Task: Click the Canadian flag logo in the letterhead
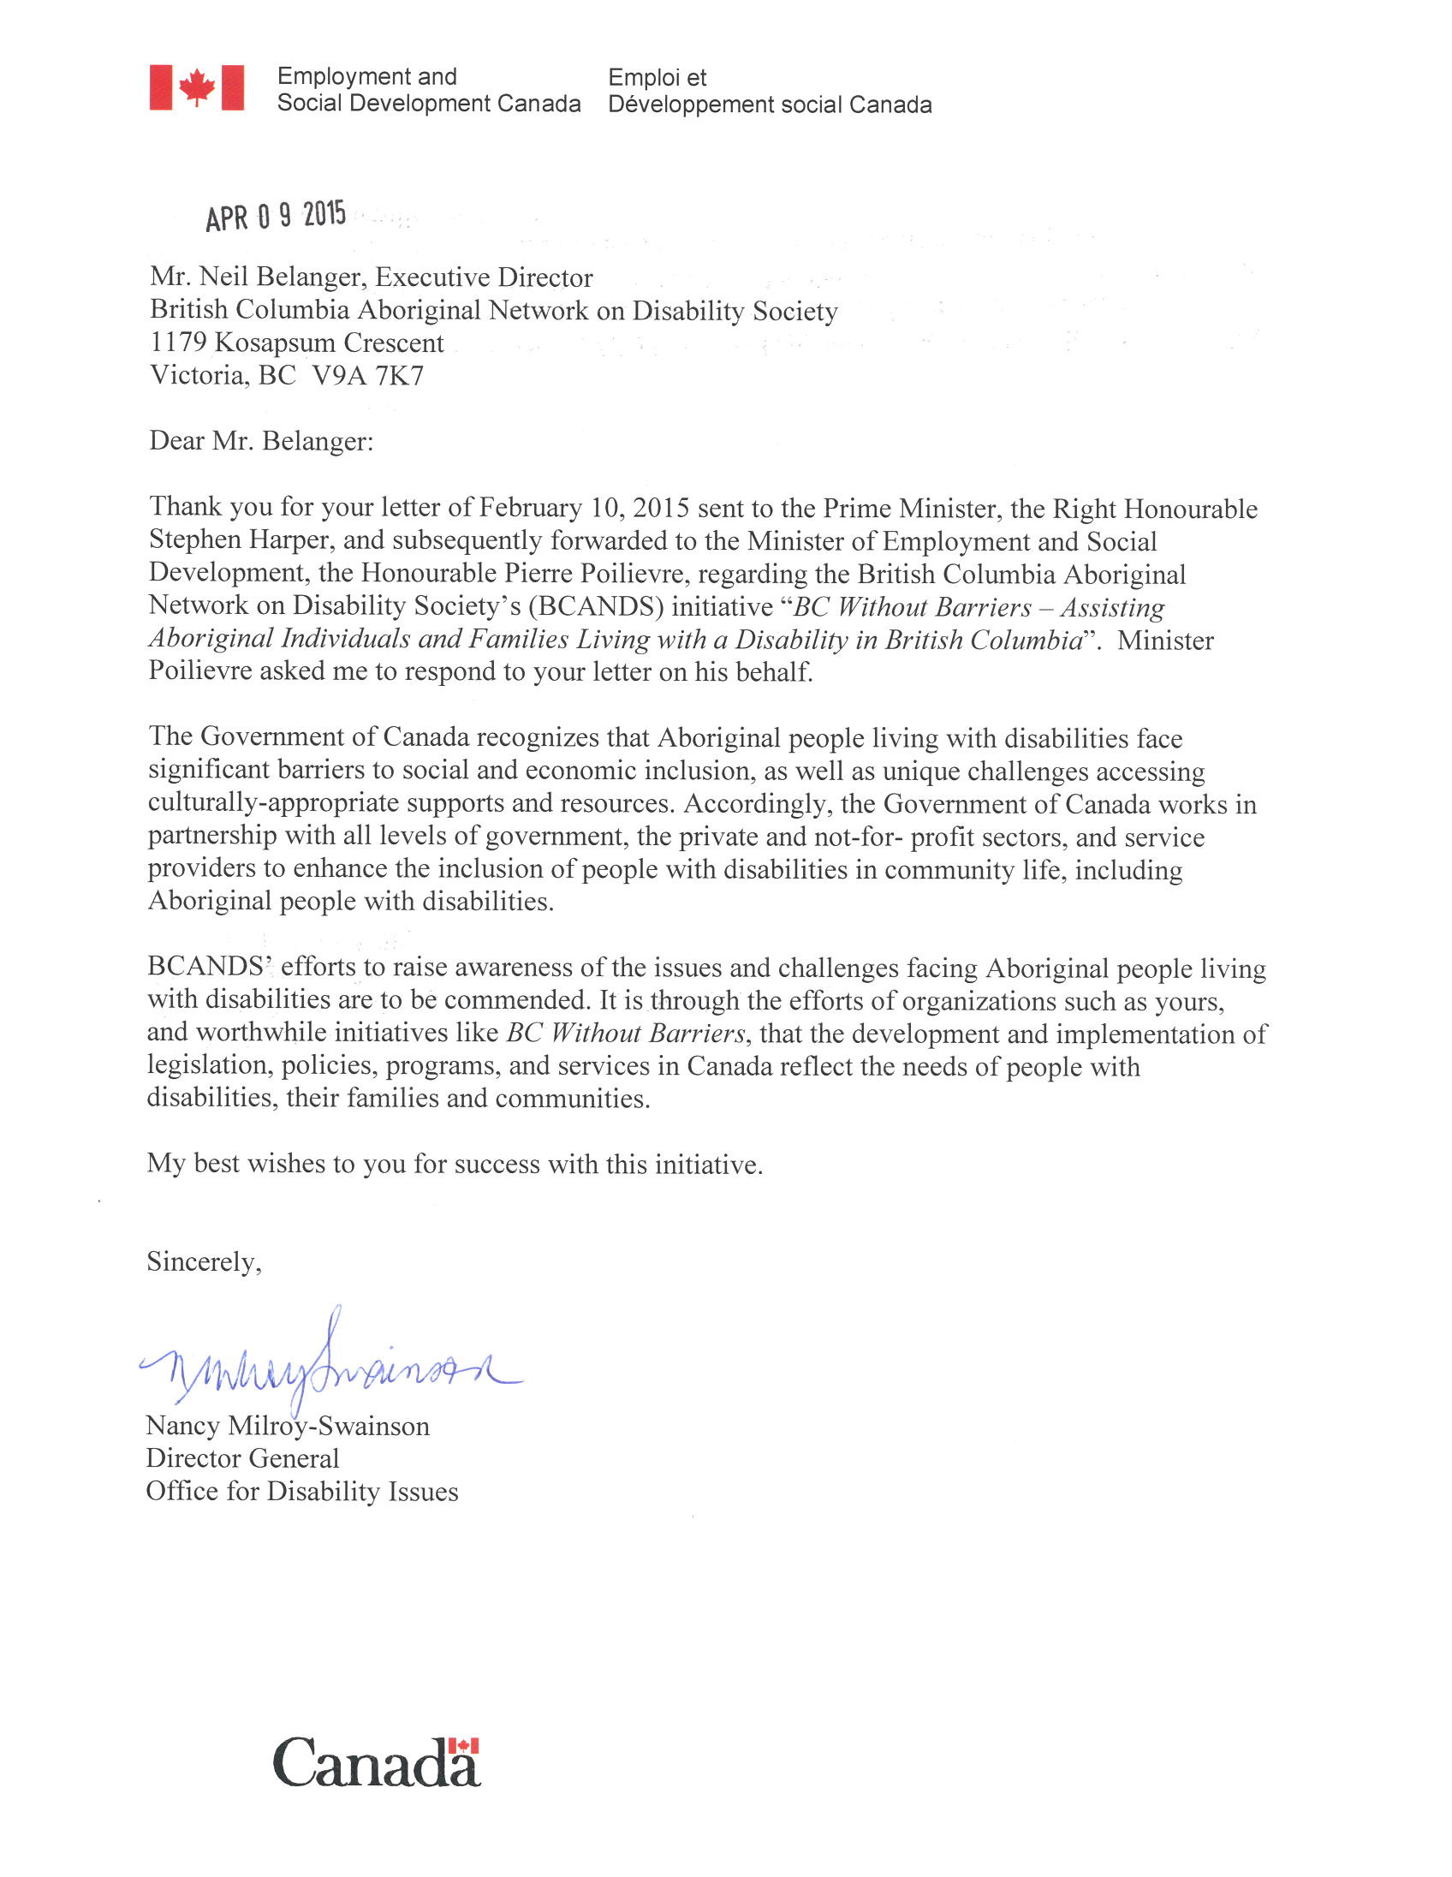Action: point(197,87)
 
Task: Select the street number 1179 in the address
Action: point(178,343)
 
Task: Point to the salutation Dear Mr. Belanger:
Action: point(261,441)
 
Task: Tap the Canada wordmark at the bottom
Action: point(376,1763)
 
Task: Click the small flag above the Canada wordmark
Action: point(463,1745)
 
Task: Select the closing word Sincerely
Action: point(203,1261)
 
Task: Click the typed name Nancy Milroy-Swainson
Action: point(287,1426)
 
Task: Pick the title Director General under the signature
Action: point(242,1458)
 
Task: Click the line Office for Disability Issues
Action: point(301,1491)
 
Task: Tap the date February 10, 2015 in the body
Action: point(584,508)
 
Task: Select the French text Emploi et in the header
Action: point(658,77)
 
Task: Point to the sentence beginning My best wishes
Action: point(455,1164)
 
